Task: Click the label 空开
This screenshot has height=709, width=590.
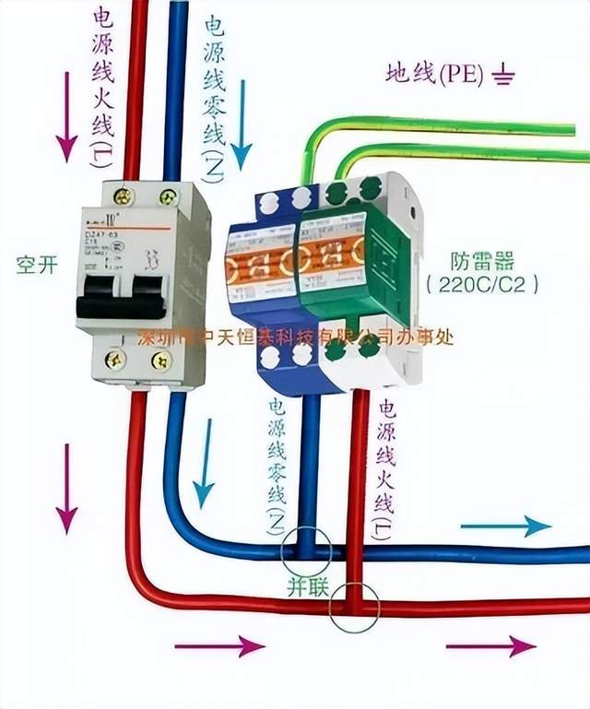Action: pyautogui.click(x=37, y=265)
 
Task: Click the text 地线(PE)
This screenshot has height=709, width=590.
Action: pyautogui.click(x=434, y=74)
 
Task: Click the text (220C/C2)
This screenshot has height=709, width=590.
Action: pyautogui.click(x=483, y=285)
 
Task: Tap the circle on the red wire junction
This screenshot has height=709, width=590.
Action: pyautogui.click(x=353, y=607)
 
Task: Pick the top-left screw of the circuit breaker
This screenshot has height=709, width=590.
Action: pyautogui.click(x=122, y=195)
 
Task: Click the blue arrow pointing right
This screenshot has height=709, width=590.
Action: pyautogui.click(x=505, y=526)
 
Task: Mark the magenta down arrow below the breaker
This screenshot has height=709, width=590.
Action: pyautogui.click(x=66, y=489)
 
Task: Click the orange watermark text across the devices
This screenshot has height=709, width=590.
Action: pyautogui.click(x=294, y=337)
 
